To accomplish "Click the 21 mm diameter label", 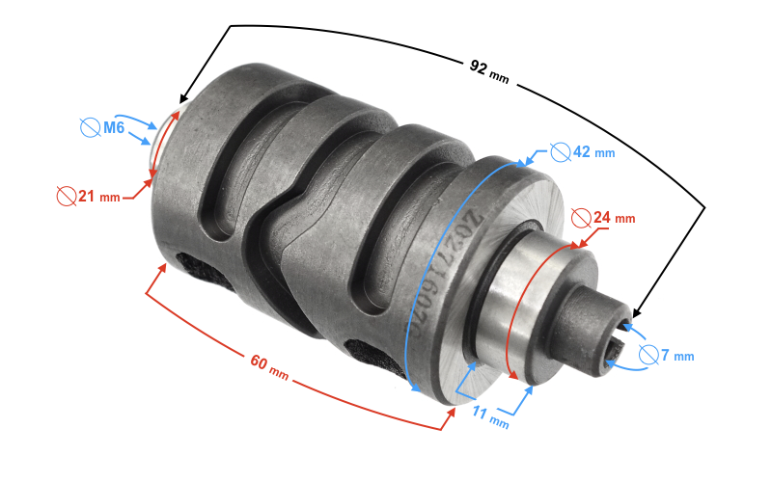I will (98, 197).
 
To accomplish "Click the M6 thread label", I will (114, 127).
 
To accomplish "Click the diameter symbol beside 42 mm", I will (560, 151).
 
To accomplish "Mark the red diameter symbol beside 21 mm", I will (66, 196).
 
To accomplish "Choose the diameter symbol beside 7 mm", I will (648, 355).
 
